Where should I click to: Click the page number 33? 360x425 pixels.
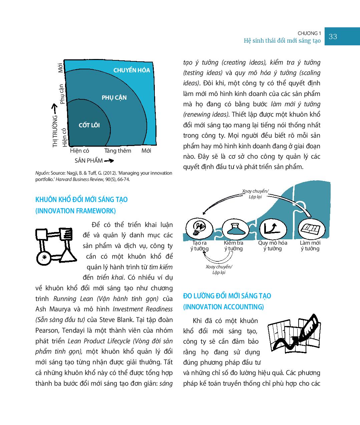[333, 37]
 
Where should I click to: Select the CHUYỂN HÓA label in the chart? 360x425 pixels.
[131, 70]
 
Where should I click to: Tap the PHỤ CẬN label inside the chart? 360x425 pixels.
[114, 98]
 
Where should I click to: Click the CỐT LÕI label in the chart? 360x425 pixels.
[89, 125]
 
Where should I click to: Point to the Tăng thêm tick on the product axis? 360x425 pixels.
[117, 151]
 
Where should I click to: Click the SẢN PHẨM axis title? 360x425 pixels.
[88, 161]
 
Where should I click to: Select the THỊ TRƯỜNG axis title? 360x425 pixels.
[55, 131]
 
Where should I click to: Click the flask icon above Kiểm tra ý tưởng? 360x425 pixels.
[234, 228]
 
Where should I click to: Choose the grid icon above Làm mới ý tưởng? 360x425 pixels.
[311, 228]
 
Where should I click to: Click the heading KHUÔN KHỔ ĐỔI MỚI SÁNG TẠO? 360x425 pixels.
[81, 200]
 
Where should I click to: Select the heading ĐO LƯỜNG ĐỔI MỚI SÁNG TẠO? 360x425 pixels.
[227, 296]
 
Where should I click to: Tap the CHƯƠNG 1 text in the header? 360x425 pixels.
[309, 33]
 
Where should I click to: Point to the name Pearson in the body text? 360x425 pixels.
[46, 330]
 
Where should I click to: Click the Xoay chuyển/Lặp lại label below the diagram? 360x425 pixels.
[219, 269]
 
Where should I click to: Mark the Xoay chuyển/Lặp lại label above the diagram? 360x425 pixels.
[255, 194]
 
